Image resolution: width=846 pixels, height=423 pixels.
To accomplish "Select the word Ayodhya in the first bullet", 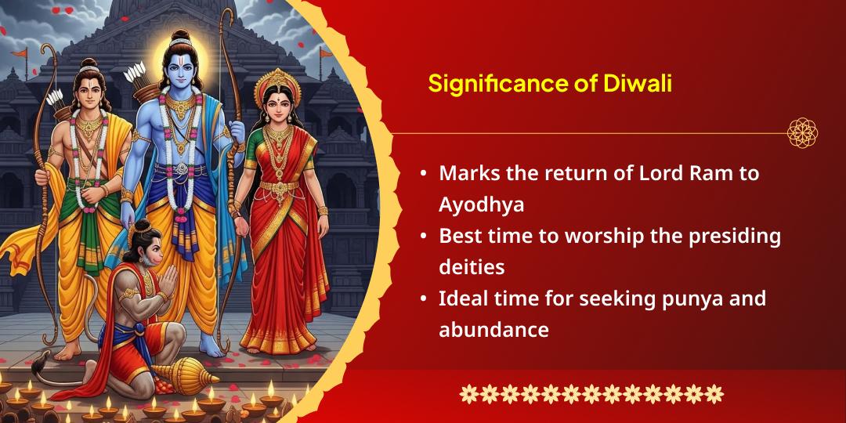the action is click(x=481, y=205).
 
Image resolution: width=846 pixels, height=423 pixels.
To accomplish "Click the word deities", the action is click(x=472, y=267).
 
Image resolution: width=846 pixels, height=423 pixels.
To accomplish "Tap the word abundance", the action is click(x=493, y=329).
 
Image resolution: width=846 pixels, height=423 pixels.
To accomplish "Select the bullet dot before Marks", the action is click(x=424, y=174).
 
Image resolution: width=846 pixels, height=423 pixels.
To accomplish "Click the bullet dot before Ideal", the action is click(x=424, y=298).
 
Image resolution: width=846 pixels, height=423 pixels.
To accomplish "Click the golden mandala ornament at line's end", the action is click(x=802, y=132).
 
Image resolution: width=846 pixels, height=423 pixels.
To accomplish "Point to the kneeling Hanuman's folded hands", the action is click(x=168, y=280).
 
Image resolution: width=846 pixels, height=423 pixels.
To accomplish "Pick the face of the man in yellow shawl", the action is click(x=88, y=95).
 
